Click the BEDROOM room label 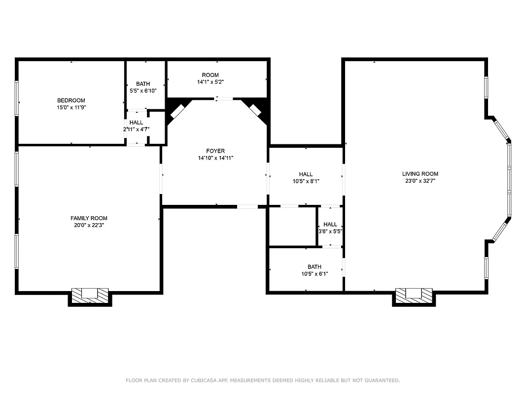point(71,100)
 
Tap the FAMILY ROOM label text point(89,218)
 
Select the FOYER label point(215,151)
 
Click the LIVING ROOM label point(420,174)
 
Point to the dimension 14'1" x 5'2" point(217,82)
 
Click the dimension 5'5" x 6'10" point(143,91)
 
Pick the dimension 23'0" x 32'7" point(420,181)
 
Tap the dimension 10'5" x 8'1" point(306,181)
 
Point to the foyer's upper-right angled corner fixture point(255,110)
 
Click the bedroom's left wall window point(17,98)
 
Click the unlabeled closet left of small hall point(292,226)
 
